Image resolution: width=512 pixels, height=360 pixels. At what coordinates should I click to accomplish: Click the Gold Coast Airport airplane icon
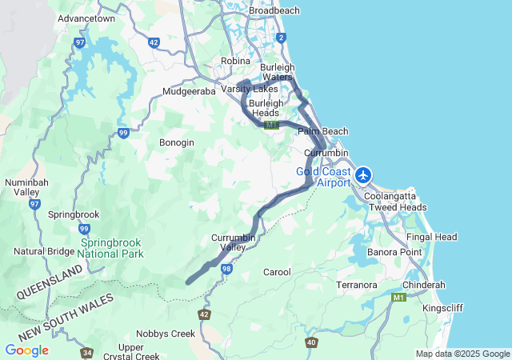(x=364, y=174)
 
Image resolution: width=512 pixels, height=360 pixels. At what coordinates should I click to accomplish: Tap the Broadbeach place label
(x=274, y=10)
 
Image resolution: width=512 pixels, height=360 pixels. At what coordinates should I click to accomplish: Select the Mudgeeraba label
(x=190, y=92)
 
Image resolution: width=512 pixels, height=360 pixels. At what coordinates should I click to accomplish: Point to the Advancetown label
(x=87, y=18)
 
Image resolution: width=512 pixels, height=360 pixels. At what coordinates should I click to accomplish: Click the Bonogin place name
(x=176, y=142)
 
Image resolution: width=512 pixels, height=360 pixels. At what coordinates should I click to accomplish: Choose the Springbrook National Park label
(x=111, y=248)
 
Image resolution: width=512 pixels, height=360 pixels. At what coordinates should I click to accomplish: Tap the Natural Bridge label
(x=45, y=251)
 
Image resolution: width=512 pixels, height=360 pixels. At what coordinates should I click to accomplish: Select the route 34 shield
(x=86, y=353)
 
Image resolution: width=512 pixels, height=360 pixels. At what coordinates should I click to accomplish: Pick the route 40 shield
(x=311, y=342)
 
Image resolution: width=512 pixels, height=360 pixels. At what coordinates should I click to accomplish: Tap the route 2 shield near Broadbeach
(x=281, y=38)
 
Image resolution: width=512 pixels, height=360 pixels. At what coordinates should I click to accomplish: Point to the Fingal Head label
(x=431, y=238)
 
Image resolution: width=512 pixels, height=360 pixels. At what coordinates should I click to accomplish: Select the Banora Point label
(x=394, y=253)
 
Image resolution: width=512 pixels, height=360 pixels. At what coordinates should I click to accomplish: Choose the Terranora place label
(x=357, y=285)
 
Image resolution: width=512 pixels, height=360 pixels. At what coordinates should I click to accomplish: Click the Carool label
(x=277, y=272)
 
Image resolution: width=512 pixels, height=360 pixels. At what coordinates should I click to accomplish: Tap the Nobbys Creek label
(x=166, y=334)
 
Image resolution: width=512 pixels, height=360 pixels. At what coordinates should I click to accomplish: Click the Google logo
(x=26, y=350)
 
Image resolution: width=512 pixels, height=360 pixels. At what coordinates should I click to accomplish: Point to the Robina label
(x=236, y=61)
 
